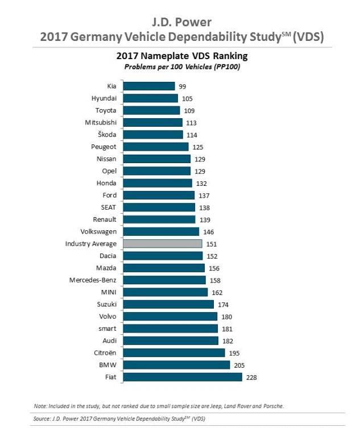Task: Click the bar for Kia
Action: click(149, 86)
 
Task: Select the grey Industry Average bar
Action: click(163, 244)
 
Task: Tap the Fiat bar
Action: click(183, 377)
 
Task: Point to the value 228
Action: click(252, 377)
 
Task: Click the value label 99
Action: click(183, 86)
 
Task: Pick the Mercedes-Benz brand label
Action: click(93, 280)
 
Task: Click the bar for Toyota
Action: click(151, 110)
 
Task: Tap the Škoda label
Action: click(107, 135)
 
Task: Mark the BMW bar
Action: click(176, 365)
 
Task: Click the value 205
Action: click(239, 365)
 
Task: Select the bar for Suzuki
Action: click(169, 305)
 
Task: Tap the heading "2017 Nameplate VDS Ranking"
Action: click(182, 56)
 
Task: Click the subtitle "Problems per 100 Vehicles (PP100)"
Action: click(182, 67)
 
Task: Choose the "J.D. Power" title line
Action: click(182, 22)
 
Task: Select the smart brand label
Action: click(106, 329)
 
